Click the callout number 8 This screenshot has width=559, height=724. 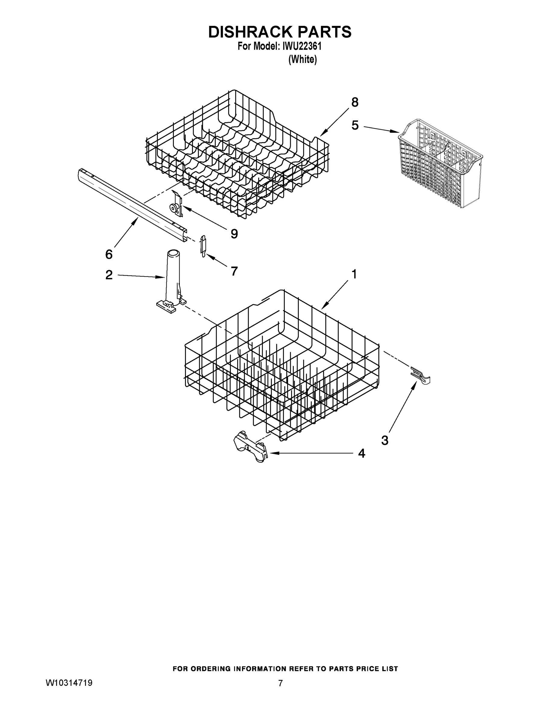click(355, 103)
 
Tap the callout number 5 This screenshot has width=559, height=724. click(355, 125)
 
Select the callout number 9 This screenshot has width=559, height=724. click(234, 234)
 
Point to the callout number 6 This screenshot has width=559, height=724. click(109, 254)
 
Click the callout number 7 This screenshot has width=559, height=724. click(234, 271)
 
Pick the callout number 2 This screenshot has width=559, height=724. click(109, 275)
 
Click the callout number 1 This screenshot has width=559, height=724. click(354, 274)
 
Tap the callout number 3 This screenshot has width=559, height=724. click(385, 440)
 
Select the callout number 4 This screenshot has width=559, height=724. click(362, 453)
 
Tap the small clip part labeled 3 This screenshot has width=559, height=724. click(420, 375)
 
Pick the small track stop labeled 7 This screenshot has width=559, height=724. click(203, 245)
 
